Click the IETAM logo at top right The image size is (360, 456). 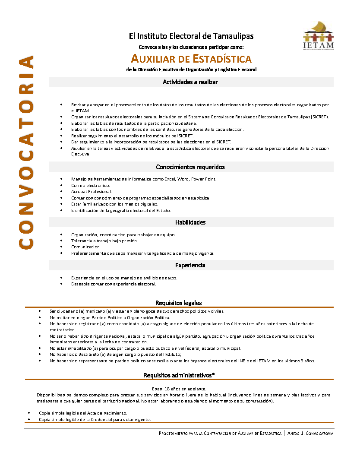coord(318,36)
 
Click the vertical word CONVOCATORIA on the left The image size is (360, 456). coord(26,152)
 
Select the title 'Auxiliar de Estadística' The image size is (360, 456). coord(191,58)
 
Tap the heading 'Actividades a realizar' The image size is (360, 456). coord(190,82)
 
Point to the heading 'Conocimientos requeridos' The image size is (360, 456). coord(190,167)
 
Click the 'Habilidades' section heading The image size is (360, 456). coord(190,222)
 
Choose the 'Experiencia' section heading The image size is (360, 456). coord(190,265)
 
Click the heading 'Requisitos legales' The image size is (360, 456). coord(178,303)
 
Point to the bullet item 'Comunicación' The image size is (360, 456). coord(85,247)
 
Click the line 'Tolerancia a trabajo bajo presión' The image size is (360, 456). coord(104,241)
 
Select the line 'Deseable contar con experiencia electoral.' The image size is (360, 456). coord(114,284)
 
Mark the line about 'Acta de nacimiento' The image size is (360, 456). coord(83,413)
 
